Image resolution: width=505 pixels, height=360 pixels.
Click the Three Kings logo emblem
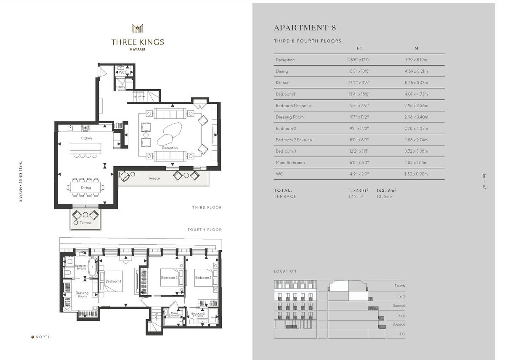point(138,28)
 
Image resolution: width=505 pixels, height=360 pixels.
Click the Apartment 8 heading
point(305,28)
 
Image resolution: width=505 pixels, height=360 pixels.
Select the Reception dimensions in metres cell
point(416,60)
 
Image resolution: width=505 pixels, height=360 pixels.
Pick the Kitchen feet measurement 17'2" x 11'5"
point(359,83)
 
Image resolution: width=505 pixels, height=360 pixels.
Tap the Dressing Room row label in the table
point(290,117)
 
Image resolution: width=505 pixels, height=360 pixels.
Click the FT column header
point(359,48)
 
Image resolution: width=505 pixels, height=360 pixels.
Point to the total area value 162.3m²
point(386,191)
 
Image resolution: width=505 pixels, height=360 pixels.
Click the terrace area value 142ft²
point(356,196)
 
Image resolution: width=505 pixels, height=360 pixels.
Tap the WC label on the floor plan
point(122,72)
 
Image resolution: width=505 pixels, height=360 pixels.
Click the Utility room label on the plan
point(121,87)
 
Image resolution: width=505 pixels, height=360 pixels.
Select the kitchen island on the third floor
point(85,148)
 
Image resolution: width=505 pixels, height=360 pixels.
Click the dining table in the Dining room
point(86,187)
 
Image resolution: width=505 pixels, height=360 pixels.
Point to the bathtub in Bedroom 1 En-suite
point(92,267)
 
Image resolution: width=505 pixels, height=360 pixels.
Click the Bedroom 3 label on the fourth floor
point(169,278)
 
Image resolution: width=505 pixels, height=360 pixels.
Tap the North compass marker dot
point(33,337)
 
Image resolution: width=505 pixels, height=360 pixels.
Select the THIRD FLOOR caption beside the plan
point(207,207)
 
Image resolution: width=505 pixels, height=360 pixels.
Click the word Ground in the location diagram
point(399,325)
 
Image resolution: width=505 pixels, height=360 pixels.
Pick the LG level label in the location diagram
point(402,334)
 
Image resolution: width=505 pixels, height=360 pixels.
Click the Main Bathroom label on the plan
point(174,314)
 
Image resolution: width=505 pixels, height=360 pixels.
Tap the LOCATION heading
point(285,271)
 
